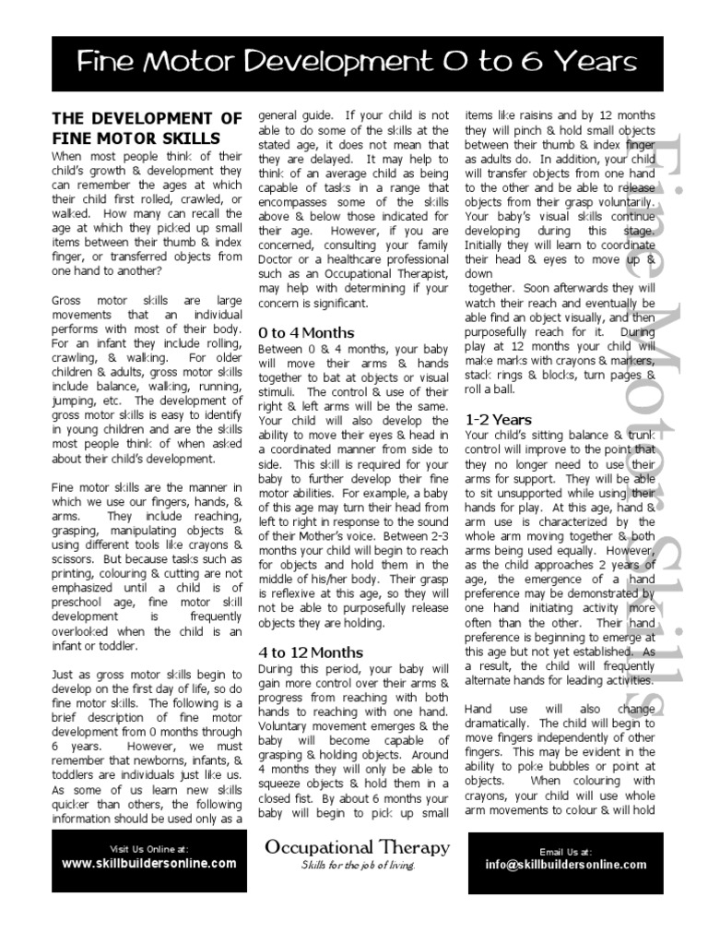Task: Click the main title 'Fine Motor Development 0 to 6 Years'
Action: (x=358, y=62)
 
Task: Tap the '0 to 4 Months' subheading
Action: (x=306, y=332)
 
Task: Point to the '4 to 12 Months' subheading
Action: (x=310, y=653)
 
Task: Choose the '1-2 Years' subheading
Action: (x=498, y=418)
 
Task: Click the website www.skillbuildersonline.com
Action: (x=148, y=864)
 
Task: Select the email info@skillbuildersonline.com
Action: (x=566, y=865)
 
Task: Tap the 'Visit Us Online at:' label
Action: (x=148, y=849)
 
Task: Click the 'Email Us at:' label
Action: (x=566, y=851)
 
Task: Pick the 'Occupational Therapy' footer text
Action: (x=358, y=847)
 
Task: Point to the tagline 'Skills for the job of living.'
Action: (x=358, y=866)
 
